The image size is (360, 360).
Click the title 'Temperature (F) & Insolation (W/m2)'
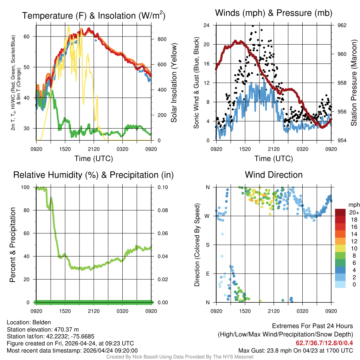(x=94, y=15)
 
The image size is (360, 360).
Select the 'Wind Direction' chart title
(x=274, y=175)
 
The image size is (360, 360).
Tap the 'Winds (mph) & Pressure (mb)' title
(x=274, y=13)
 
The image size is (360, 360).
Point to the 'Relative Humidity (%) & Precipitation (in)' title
(x=94, y=175)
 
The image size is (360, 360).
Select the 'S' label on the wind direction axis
(x=208, y=245)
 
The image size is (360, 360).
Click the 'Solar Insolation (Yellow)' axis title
(x=174, y=83)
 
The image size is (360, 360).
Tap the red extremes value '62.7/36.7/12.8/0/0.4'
(x=324, y=343)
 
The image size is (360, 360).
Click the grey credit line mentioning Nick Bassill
(x=180, y=356)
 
